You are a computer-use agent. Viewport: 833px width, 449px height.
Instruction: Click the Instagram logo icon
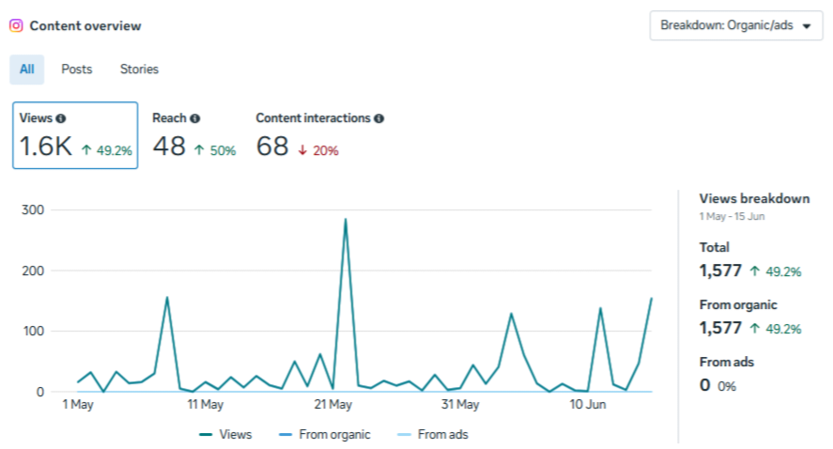(16, 25)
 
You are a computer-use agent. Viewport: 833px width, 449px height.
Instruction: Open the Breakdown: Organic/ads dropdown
(735, 25)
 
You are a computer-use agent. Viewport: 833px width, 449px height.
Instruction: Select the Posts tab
(76, 70)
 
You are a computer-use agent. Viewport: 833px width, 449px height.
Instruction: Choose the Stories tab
(139, 70)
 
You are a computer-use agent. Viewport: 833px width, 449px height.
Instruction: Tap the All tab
(27, 70)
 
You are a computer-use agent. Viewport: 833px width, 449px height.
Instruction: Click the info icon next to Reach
(195, 118)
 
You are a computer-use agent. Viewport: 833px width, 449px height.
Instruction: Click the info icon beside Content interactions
(378, 118)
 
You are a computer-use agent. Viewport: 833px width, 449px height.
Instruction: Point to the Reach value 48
(169, 147)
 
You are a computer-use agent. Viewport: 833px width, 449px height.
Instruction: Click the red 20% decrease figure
(325, 151)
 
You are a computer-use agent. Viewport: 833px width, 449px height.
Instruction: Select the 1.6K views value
(46, 147)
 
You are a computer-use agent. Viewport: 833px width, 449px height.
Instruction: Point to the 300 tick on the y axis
(33, 209)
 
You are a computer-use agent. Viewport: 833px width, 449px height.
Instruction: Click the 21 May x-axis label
(333, 405)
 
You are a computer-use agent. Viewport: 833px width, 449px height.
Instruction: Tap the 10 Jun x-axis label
(588, 405)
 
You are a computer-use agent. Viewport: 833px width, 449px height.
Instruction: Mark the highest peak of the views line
(346, 219)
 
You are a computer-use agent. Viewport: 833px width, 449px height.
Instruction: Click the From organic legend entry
(325, 435)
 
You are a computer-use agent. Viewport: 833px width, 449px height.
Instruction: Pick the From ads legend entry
(433, 435)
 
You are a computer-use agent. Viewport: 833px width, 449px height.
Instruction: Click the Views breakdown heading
(754, 199)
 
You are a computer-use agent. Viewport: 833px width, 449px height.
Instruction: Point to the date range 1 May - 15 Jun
(733, 216)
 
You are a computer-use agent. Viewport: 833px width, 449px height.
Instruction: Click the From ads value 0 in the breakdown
(705, 385)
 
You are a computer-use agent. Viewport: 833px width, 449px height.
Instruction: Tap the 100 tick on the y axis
(33, 331)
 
